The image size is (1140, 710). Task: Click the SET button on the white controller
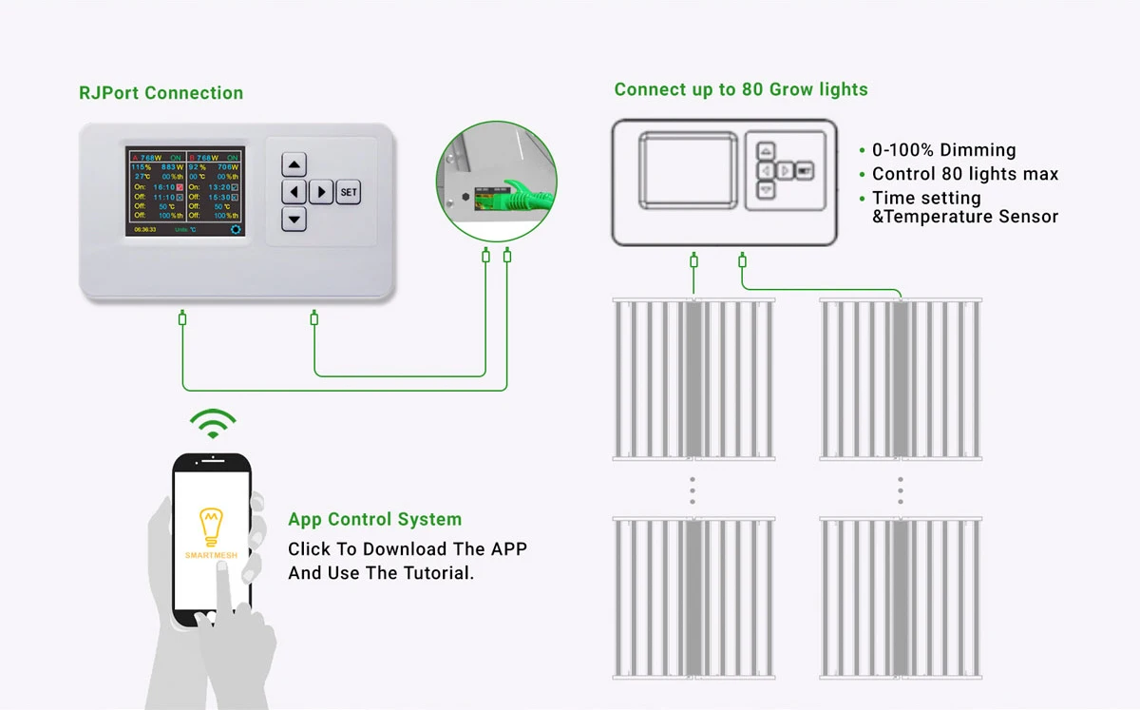349,192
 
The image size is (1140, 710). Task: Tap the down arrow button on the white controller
294,220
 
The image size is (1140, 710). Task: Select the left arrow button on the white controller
294,192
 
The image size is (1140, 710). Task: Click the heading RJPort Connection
161,93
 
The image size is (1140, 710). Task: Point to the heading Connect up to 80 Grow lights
741,90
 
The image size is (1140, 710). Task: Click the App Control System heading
375,520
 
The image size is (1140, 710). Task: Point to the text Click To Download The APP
408,549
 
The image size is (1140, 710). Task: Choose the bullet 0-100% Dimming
944,150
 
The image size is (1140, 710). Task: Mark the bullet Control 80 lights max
965,174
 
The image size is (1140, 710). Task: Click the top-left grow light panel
693,380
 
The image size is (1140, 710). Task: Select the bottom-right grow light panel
901,599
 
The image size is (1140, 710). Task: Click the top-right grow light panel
901,380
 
